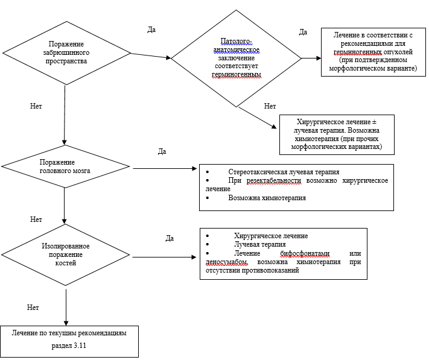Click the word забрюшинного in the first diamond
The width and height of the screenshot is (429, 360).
66,52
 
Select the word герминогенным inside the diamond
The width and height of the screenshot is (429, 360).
236,75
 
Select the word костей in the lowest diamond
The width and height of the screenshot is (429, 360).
66,263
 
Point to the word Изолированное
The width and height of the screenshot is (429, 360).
66,247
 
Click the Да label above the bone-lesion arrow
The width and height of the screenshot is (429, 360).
170,238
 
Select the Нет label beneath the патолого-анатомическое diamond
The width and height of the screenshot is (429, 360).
270,106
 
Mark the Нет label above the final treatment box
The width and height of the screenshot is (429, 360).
33,307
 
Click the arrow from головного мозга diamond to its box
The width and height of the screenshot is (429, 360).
163,169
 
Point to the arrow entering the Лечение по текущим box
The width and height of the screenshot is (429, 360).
65,311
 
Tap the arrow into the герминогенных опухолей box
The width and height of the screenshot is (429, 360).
311,58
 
